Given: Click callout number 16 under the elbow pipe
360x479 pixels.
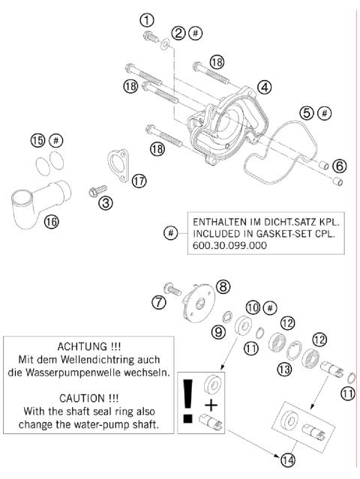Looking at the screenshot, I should tap(52, 223).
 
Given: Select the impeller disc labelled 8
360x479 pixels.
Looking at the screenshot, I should tap(199, 301).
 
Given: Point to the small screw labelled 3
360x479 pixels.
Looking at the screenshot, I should tap(95, 192).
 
